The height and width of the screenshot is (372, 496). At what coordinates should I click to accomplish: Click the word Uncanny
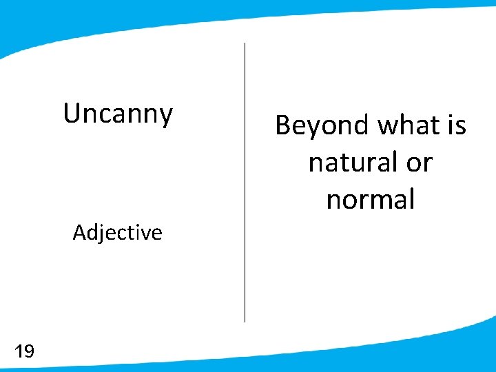pyautogui.click(x=118, y=114)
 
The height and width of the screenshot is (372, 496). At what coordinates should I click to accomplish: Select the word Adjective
pyautogui.click(x=117, y=233)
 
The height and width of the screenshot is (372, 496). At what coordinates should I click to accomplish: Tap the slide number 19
pyautogui.click(x=24, y=353)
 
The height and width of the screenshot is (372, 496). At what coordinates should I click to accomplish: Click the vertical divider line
pyautogui.click(x=245, y=183)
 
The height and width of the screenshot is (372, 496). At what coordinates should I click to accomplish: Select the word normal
pyautogui.click(x=371, y=200)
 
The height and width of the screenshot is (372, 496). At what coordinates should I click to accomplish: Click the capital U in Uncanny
pyautogui.click(x=70, y=113)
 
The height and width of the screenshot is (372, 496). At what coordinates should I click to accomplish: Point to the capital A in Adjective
pyautogui.click(x=79, y=233)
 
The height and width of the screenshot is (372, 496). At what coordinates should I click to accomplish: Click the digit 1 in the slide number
pyautogui.click(x=18, y=353)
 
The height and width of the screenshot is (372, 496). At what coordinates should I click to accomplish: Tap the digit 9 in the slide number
pyautogui.click(x=28, y=353)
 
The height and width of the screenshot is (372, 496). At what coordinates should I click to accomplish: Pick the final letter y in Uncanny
pyautogui.click(x=166, y=116)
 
